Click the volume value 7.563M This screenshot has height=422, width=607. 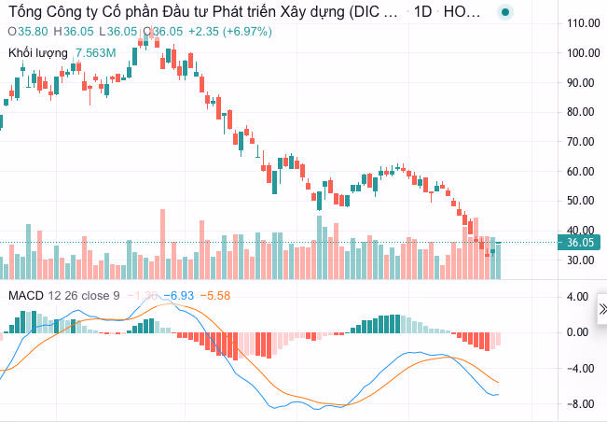[95, 52]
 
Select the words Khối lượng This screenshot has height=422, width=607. [38, 52]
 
